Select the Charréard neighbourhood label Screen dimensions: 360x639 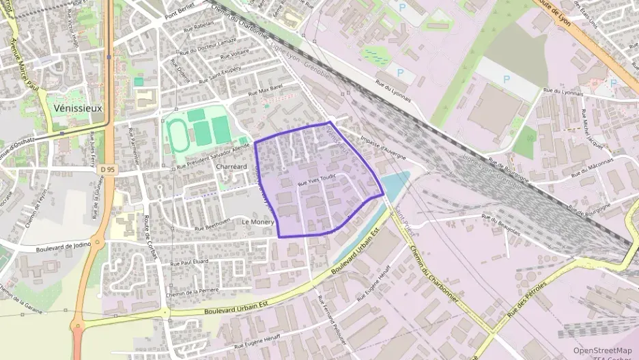coord(230,167)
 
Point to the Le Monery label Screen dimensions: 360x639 coord(257,222)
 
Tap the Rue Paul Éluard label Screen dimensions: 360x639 coord(189,262)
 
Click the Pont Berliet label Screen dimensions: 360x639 coord(180,14)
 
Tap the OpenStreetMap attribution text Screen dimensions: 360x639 coord(602,350)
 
